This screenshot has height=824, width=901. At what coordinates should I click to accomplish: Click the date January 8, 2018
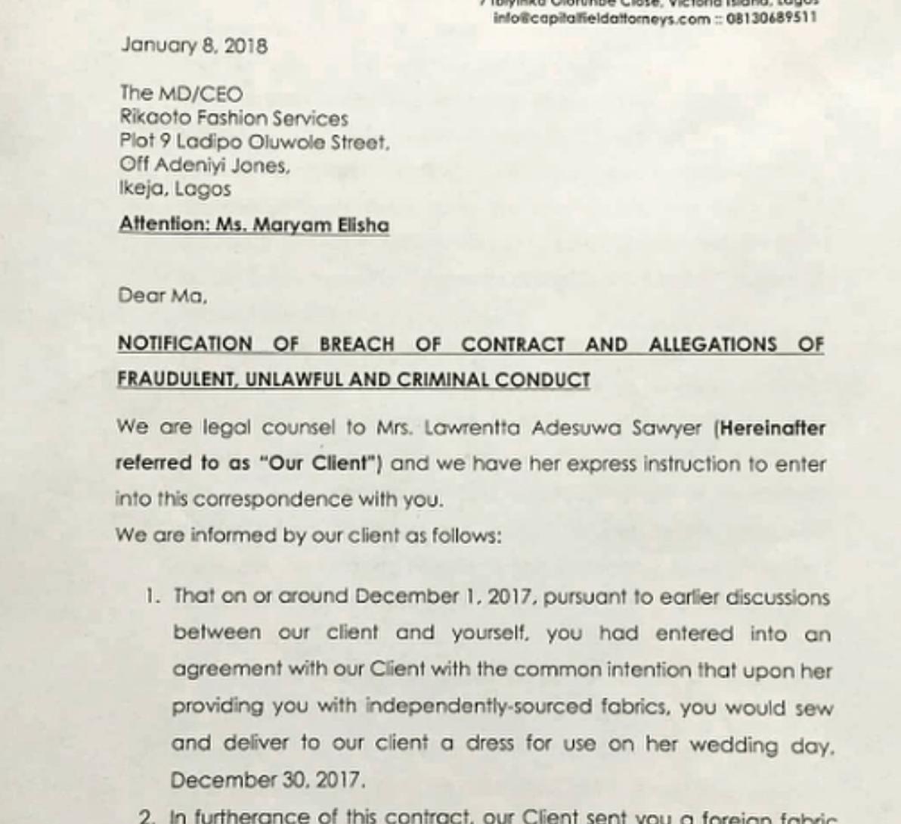click(x=194, y=45)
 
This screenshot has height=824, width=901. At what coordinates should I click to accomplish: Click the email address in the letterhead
click(x=602, y=18)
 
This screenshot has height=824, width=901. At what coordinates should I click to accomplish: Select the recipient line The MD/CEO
click(x=181, y=94)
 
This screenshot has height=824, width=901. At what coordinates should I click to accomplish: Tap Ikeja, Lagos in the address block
click(x=175, y=188)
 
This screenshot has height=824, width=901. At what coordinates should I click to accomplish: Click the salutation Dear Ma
click(x=162, y=295)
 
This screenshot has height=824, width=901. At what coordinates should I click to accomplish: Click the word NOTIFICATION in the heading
click(x=184, y=344)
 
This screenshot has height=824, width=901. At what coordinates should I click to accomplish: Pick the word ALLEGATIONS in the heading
click(x=712, y=344)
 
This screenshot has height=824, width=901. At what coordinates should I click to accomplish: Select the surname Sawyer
click(x=672, y=428)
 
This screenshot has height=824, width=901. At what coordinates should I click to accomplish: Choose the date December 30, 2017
click(x=268, y=779)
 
